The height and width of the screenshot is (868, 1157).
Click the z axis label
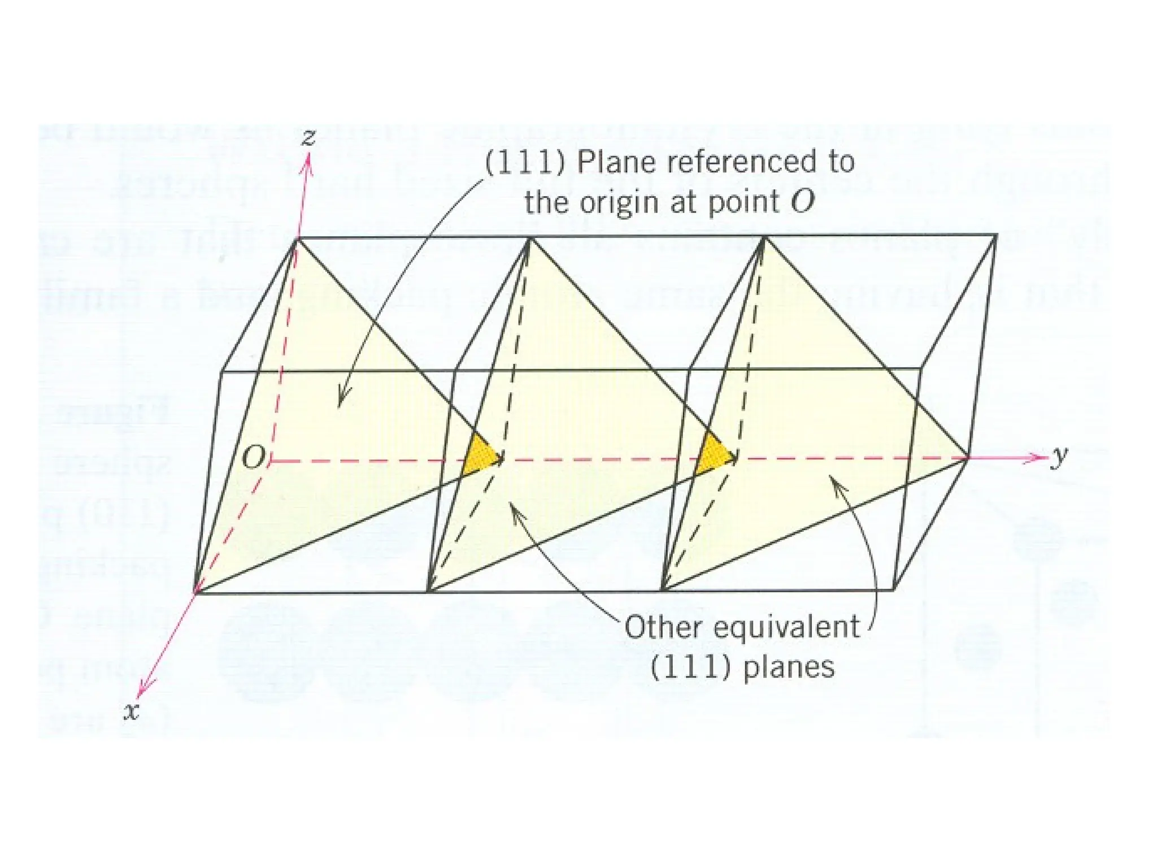pos(308,137)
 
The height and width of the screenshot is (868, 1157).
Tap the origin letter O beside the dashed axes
pos(253,457)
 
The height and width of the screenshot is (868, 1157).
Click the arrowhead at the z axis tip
pos(308,163)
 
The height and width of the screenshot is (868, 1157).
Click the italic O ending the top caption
pos(802,202)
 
